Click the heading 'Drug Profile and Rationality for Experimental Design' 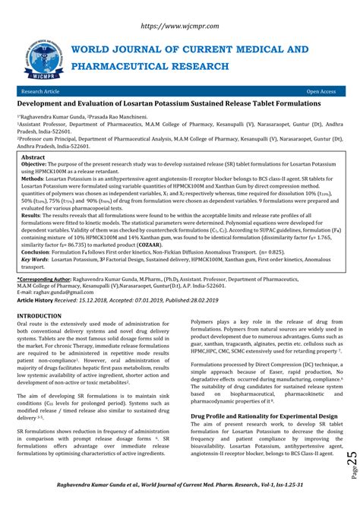pos(264,416)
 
